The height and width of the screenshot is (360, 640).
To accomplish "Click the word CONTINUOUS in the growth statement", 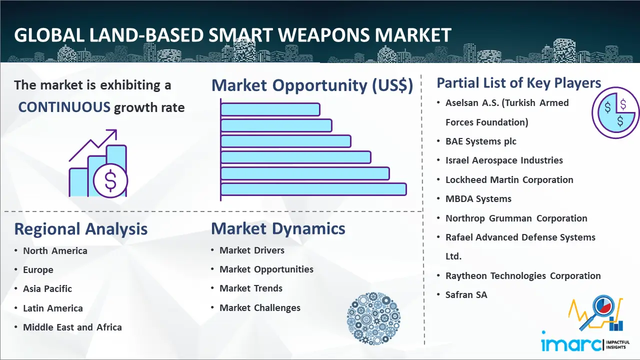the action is coord(64,107).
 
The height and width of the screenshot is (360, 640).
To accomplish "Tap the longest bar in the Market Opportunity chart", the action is coord(313,189).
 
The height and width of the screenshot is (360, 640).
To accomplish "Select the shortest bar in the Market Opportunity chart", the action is coord(270,109).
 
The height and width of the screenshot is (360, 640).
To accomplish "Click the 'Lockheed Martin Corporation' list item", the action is coord(509,179).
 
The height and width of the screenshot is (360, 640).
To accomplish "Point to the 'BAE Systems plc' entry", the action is coord(481,141).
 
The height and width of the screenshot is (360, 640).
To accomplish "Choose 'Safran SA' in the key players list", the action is coord(466,294).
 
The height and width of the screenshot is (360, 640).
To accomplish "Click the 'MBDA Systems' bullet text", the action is coord(478,199).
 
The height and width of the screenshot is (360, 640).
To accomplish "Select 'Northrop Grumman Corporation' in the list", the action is coord(516,218).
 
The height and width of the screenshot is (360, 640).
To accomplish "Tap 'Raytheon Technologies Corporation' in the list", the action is coord(523,275).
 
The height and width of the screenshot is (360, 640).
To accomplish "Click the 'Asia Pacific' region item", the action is coord(47,289).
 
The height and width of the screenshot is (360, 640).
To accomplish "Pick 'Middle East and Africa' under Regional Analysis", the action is coord(72,327).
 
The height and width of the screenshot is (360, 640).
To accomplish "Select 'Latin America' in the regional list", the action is coord(53,308).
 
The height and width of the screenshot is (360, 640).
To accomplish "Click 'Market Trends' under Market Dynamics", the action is coord(251,288).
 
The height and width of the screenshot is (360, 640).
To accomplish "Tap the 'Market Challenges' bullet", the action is coord(260,307).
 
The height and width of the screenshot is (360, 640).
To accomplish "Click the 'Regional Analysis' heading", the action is coord(81,229).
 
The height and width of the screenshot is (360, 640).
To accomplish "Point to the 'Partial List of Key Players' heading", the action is coord(519,83).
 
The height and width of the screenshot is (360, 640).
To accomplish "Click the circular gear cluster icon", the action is coord(373,318).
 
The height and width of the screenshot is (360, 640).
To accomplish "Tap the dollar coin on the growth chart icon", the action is coord(110,180).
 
